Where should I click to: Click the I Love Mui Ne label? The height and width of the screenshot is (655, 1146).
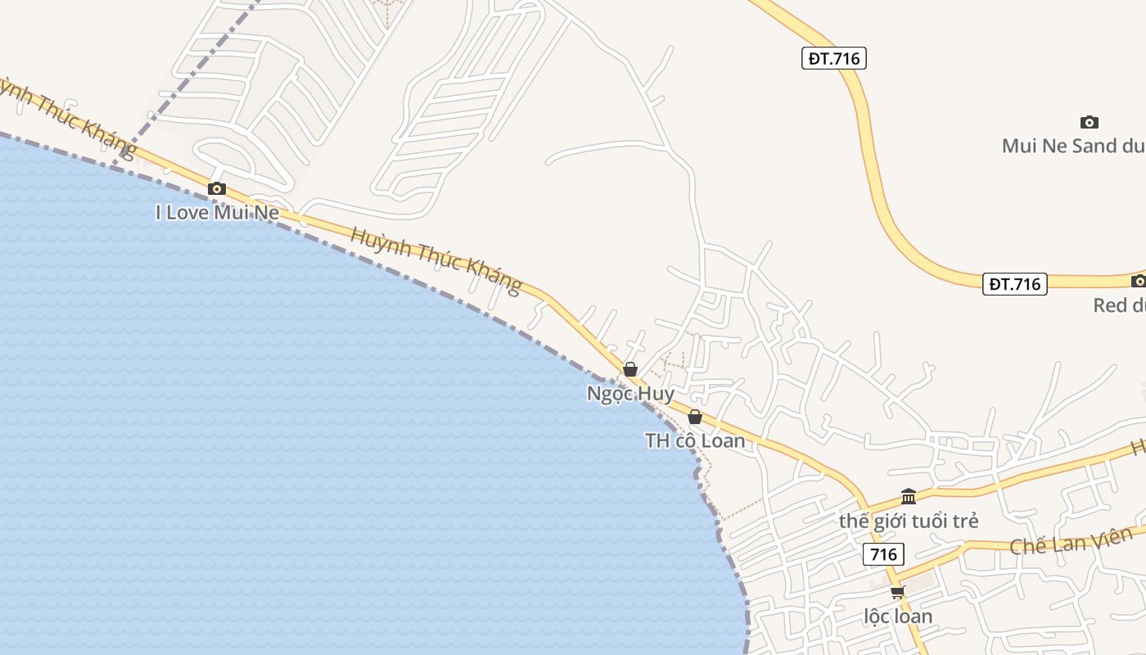coord(217,213)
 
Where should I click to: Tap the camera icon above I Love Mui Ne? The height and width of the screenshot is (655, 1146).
coord(217,189)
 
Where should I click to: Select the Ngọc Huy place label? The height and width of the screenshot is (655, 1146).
coord(630,394)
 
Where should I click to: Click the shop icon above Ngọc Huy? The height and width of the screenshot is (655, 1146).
coord(630,370)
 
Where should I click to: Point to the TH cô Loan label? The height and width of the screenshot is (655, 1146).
coord(695,440)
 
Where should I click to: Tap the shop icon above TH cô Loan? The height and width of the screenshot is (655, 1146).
coord(695,417)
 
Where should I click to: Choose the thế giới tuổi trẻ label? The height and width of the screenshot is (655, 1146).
coord(909,521)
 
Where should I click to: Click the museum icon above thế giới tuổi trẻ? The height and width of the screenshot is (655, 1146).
coord(909,496)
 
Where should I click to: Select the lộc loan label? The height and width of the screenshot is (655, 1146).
coord(898,616)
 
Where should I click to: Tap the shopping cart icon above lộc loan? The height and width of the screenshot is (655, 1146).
coord(898,592)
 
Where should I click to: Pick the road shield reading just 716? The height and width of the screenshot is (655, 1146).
coord(883,554)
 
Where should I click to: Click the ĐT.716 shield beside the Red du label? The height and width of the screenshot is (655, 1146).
coord(1015,284)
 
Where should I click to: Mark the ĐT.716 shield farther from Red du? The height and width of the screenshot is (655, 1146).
coord(833,58)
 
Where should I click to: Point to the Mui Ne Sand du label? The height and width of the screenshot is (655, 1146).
coord(1072,146)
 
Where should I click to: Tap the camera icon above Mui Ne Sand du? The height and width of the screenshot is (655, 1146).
coord(1089,123)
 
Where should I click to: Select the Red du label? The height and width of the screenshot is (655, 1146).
coord(1119,305)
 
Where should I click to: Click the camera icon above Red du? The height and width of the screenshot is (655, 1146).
coord(1138,282)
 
